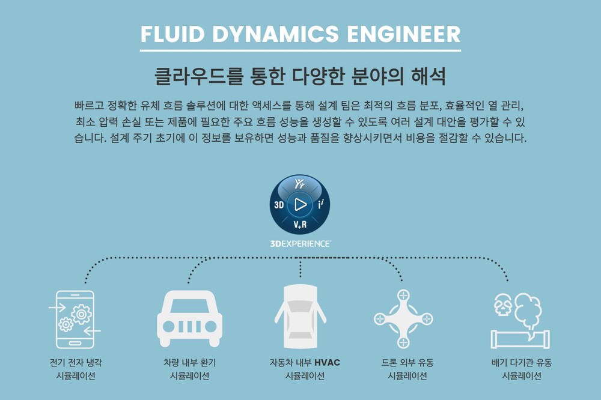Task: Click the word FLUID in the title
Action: coord(170,34)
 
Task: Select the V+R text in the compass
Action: coord(300,225)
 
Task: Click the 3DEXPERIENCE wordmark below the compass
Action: coord(300,244)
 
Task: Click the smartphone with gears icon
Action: coord(75,319)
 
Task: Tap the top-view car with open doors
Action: coord(300,315)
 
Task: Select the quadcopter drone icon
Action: coord(403,319)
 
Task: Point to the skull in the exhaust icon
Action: coord(502,306)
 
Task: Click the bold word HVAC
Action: coord(327,363)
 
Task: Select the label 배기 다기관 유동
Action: coord(521,363)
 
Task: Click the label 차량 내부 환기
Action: coord(189,363)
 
